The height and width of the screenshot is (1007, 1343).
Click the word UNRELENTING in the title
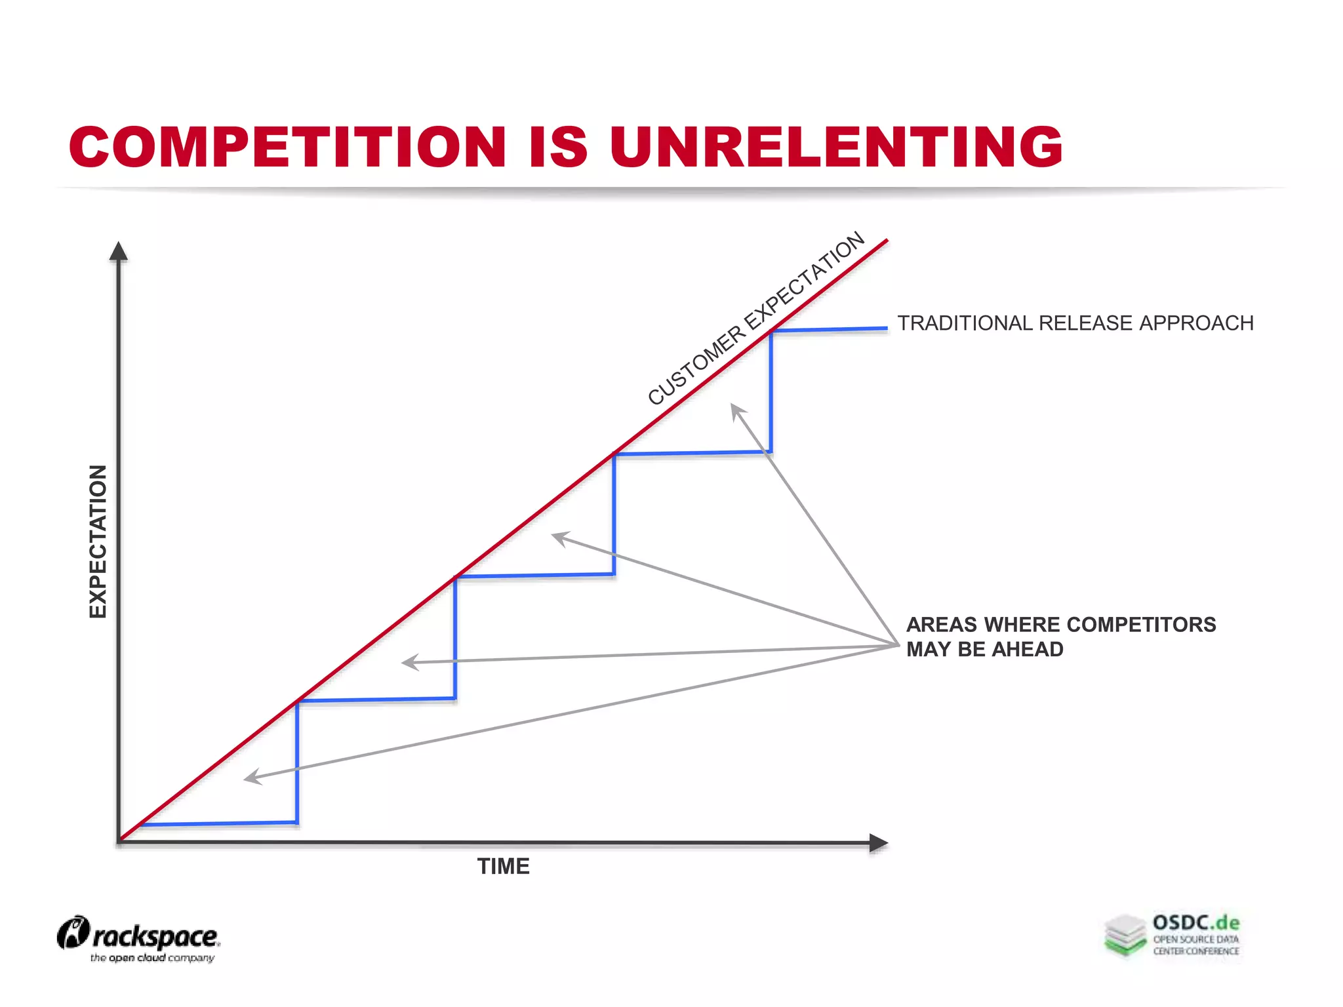[x=835, y=146]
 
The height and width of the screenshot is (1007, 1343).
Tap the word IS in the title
[x=558, y=146]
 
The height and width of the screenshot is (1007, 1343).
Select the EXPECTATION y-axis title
[x=98, y=541]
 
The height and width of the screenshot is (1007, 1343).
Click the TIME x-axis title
[x=503, y=866]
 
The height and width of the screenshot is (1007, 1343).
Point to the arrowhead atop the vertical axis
[x=118, y=251]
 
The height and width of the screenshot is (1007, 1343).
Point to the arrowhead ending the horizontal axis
[x=878, y=843]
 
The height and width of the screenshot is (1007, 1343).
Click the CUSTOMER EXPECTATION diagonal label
[x=756, y=319]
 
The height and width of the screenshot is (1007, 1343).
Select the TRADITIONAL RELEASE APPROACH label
[x=1075, y=323]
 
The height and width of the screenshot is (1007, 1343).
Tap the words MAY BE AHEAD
[x=984, y=649]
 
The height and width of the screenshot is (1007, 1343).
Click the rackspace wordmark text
[x=155, y=937]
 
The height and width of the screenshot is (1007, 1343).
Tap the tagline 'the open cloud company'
[x=152, y=958]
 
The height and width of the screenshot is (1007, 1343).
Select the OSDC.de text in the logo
[x=1196, y=922]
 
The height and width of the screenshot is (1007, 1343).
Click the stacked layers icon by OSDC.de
[x=1125, y=935]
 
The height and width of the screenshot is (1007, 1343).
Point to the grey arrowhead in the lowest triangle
[x=251, y=778]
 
